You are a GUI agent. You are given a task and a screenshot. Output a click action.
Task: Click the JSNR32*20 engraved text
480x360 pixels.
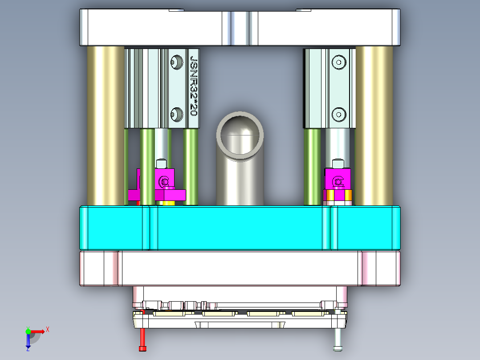point(194,86)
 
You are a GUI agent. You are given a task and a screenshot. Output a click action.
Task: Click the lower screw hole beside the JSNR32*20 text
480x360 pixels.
point(177,115)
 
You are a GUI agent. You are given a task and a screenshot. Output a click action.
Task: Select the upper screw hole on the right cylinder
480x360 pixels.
point(339,62)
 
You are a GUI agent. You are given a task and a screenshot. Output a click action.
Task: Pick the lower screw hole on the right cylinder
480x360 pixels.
point(339,115)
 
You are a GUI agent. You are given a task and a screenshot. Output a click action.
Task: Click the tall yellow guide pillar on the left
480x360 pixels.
point(105,125)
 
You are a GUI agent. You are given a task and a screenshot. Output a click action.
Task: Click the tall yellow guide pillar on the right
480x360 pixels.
point(374,125)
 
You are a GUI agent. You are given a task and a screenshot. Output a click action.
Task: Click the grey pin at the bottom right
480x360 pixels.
point(338,338)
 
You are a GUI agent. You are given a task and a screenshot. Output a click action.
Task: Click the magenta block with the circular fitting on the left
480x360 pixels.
point(164,180)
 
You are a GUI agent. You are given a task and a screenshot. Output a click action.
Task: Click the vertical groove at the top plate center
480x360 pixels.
point(240,28)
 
